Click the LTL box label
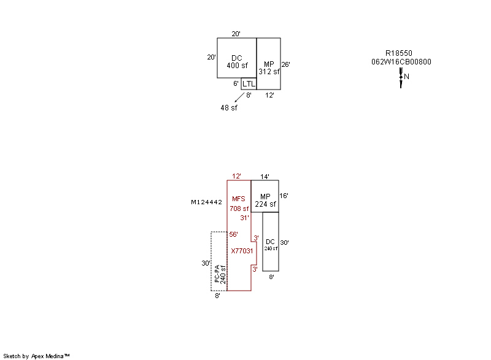pos(249,84)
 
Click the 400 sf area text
pos(237,66)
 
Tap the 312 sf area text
pos(269,72)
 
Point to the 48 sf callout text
pos(229,108)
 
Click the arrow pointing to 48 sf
pos(239,98)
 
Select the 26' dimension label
pos(285,64)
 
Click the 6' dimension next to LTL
pos(236,83)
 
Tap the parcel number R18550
pos(398,53)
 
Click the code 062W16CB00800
pos(401,62)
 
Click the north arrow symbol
pos(401,77)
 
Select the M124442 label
pos(206,202)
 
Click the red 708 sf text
pos(239,209)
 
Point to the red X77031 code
pos(242,251)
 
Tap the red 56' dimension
pos(233,234)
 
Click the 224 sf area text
pos(265,204)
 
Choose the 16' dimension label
pos(284,196)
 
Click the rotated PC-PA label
pos(217,274)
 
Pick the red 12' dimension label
pos(236,176)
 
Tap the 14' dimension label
pos(265,177)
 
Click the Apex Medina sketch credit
pos(36,356)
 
